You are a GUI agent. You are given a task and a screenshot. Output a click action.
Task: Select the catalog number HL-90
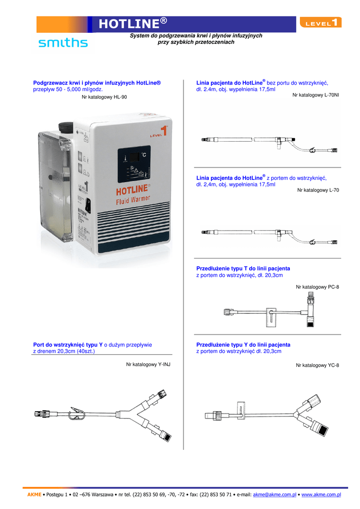[x=104, y=97]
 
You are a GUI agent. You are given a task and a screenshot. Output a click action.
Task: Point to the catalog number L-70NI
[x=316, y=94]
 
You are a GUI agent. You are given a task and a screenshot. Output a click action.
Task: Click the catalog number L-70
[x=318, y=190]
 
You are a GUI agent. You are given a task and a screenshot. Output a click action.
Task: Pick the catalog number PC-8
[x=317, y=287]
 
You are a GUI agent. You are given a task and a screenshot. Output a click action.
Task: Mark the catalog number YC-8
[x=317, y=365]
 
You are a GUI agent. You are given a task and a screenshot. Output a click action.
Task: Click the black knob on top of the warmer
[x=67, y=127]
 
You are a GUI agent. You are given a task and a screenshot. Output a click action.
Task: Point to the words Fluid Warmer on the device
[x=133, y=201]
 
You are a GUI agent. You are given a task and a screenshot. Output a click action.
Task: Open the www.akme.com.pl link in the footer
[x=321, y=495]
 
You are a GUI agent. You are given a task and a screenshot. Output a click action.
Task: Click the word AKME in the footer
[x=34, y=495]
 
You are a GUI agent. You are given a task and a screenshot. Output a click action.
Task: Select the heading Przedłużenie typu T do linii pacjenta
[x=243, y=268]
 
